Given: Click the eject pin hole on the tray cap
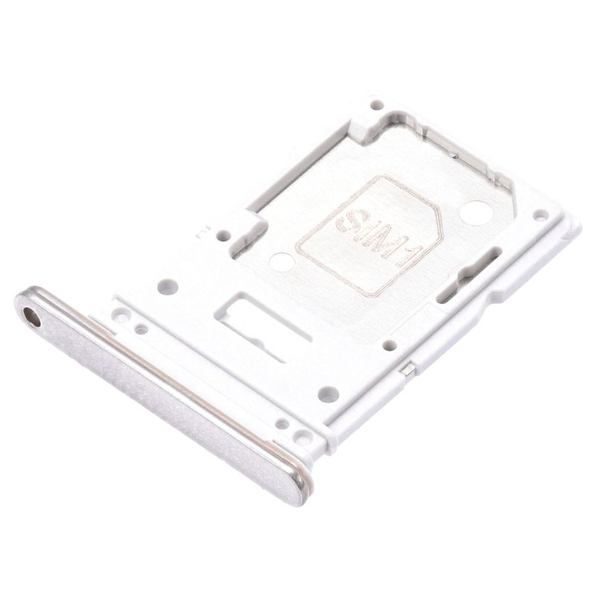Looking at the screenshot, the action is tap(32, 317).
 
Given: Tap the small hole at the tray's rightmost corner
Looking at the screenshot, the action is tap(539, 216).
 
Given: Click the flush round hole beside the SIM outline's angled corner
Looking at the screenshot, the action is tap(476, 212).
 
